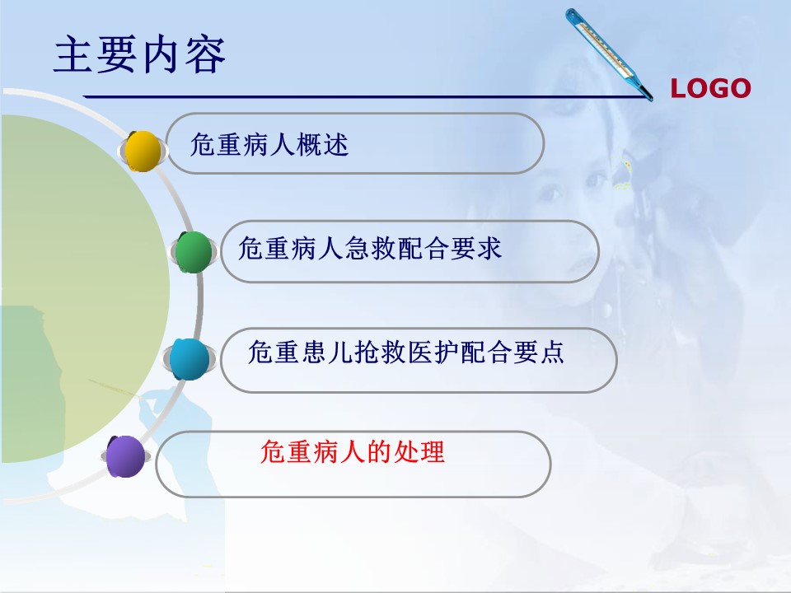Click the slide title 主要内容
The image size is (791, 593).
tap(139, 54)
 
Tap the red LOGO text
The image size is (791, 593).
tap(710, 89)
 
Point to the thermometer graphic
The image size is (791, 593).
tap(609, 54)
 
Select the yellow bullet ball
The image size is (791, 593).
tap(143, 151)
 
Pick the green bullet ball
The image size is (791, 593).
tap(194, 252)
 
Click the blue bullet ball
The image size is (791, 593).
tap(190, 359)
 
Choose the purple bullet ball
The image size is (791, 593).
tap(125, 456)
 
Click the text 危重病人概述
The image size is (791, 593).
tap(269, 145)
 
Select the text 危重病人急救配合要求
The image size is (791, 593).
tap(370, 248)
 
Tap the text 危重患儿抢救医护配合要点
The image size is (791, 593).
tap(406, 352)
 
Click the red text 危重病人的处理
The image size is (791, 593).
tap(352, 451)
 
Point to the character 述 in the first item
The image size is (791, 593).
tap(336, 145)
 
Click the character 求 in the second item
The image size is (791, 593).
tap(489, 248)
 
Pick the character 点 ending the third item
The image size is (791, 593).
tap(551, 352)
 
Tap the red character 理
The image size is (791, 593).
tap(431, 451)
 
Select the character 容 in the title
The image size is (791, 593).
tap(205, 54)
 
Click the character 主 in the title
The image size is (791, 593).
tap(73, 54)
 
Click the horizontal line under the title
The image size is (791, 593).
tap(366, 96)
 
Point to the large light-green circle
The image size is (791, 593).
tap(85, 288)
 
